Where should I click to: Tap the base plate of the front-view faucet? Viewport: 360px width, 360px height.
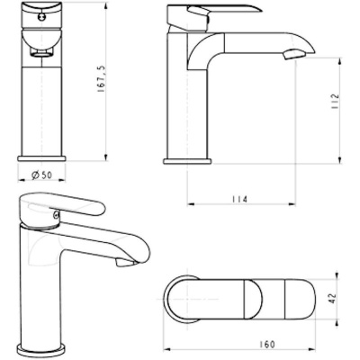point(36,154)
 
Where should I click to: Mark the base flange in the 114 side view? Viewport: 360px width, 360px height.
point(184,158)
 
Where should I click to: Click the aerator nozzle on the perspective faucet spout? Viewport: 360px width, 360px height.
point(122,263)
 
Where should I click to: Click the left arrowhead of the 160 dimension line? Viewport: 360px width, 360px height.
point(169,350)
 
